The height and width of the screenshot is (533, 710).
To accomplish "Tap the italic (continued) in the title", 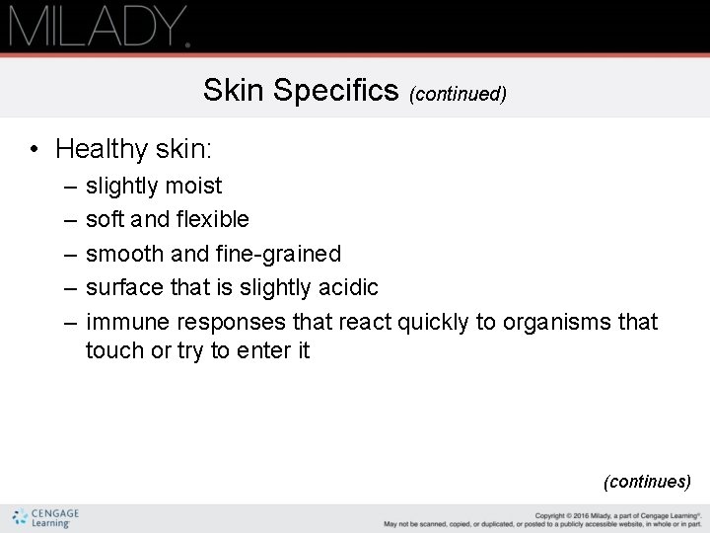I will click(x=460, y=94).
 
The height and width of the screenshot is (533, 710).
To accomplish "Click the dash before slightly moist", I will click(x=64, y=186).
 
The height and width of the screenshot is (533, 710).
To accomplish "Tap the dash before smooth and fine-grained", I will click(x=64, y=254).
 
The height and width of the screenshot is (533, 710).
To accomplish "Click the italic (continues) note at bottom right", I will click(x=647, y=482).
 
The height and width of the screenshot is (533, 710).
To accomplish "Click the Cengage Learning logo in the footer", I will click(x=46, y=517).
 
